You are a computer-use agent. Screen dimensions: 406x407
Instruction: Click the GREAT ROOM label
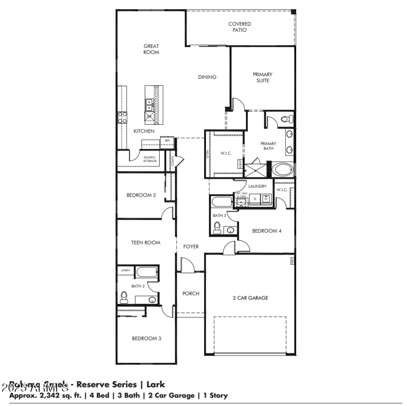point(151,49)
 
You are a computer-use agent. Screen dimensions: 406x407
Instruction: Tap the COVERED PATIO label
point(239,27)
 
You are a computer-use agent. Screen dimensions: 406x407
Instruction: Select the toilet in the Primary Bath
point(286,119)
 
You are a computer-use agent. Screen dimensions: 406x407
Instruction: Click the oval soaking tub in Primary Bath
point(282,169)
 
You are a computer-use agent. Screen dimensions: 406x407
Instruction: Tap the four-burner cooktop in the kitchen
point(123,118)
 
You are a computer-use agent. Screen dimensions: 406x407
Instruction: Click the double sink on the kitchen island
point(150,105)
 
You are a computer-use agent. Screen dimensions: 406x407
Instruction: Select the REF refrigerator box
point(167,141)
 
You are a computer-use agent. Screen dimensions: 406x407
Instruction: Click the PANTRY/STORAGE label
point(150,160)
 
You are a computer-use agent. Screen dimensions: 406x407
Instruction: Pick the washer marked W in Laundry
point(265,199)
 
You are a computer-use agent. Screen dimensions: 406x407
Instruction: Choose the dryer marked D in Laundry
point(254,199)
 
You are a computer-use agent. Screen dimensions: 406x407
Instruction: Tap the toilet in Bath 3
point(218,226)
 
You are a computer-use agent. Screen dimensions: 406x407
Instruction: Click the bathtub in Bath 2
point(147,272)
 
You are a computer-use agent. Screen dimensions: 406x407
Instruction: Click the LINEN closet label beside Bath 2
point(125,270)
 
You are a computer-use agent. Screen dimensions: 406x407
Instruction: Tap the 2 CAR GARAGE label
point(250,298)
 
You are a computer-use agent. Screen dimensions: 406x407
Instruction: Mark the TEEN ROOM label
point(146,242)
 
